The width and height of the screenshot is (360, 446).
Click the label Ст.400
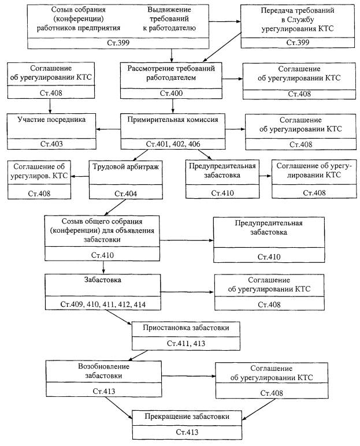pyautogui.click(x=171, y=93)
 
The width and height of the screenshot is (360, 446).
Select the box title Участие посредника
pyautogui.click(x=51, y=120)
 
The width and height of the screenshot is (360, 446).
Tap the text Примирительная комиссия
pyautogui.click(x=173, y=120)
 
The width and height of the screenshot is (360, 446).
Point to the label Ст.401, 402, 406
pyautogui.click(x=173, y=144)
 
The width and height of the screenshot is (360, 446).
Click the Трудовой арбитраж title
pyautogui.click(x=126, y=167)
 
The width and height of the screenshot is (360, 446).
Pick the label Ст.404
pyautogui.click(x=125, y=194)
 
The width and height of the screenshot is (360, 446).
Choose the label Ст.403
pyautogui.click(x=51, y=144)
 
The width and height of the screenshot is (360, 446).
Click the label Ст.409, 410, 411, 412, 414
pyautogui.click(x=103, y=304)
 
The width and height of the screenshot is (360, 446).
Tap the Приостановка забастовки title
pyautogui.click(x=186, y=328)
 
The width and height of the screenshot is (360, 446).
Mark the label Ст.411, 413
pyautogui.click(x=186, y=343)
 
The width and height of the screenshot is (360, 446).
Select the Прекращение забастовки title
pyautogui.click(x=187, y=417)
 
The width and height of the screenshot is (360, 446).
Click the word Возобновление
pyautogui.click(x=103, y=366)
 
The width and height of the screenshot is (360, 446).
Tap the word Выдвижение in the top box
pyautogui.click(x=169, y=9)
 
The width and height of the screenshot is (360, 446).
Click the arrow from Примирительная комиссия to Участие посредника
pyautogui.click(x=109, y=129)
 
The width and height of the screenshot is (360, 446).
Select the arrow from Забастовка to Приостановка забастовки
pyautogui.click(x=118, y=317)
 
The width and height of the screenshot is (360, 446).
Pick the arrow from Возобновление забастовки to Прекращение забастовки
pyautogui.click(x=119, y=408)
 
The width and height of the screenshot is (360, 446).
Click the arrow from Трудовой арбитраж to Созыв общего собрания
pyautogui.click(x=115, y=207)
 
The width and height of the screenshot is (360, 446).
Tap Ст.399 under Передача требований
pyautogui.click(x=298, y=42)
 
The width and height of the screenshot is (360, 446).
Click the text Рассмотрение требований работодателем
pyautogui.click(x=171, y=73)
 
